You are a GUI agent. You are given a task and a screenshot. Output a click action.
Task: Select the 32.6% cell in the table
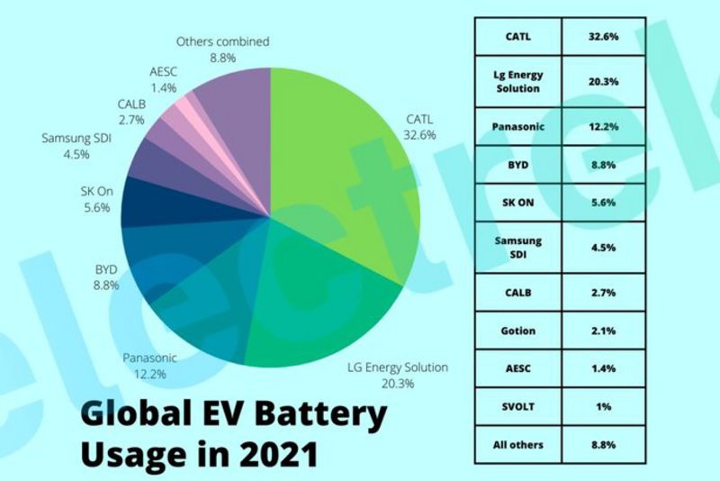[x=603, y=37]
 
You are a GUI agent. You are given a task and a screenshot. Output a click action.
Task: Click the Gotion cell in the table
[x=517, y=331]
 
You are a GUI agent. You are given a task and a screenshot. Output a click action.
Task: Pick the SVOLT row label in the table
[x=517, y=406]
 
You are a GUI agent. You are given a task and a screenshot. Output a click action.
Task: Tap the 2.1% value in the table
[x=603, y=331]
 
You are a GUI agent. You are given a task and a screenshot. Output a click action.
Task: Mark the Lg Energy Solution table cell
[x=517, y=81]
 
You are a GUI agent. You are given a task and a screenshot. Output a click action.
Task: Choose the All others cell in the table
[x=517, y=444]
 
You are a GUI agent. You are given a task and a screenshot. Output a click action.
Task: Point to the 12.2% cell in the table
[x=603, y=126]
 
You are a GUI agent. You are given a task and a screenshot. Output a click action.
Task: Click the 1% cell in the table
[x=603, y=406]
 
